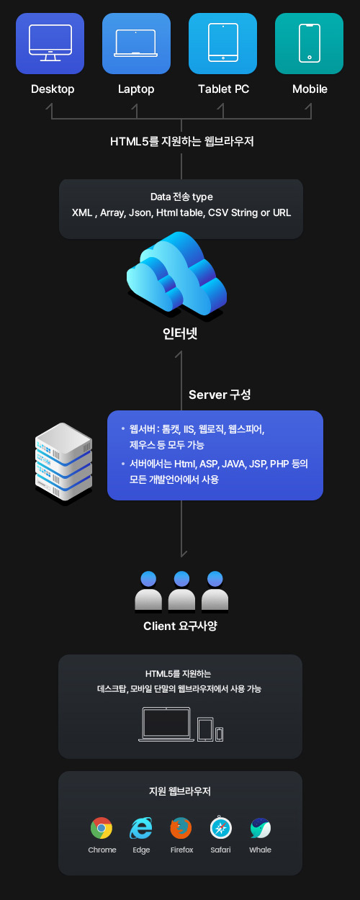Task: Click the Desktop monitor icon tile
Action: pos(50,43)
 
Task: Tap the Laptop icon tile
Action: pos(136,43)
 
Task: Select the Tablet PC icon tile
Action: pos(222,43)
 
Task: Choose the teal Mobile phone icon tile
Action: pos(309,43)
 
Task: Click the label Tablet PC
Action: pos(223,89)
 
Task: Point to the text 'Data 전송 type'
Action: pos(181,197)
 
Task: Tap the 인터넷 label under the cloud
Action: pos(180,333)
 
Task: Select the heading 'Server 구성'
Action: pos(220,395)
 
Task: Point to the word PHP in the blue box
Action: pos(279,464)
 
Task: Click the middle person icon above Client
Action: pos(181,591)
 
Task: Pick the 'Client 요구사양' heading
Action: pos(180,626)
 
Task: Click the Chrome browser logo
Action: pos(102,828)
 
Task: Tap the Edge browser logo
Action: pos(141,828)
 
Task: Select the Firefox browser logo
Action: pos(181,828)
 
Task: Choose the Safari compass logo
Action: pos(220,827)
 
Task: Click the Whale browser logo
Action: pos(261,828)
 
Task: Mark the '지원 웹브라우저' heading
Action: pos(180,791)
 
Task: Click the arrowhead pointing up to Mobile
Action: pos(309,106)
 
